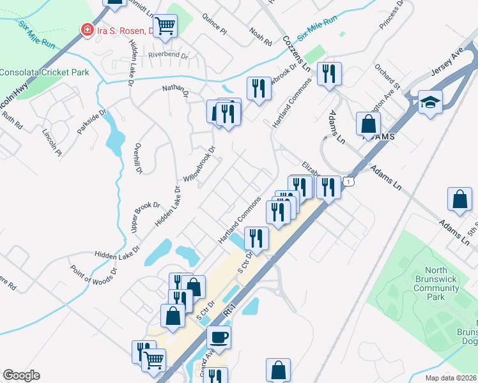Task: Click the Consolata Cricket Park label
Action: pos(44,72)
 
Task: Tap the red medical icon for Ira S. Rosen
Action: pos(85,29)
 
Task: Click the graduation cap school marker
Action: pos(430,101)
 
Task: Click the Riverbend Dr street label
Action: pos(168,56)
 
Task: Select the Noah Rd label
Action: pos(257,31)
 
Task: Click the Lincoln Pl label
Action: pos(52,142)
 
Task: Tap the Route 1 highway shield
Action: pos(348,182)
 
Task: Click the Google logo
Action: pos(21,375)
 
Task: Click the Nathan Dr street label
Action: pos(176,90)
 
